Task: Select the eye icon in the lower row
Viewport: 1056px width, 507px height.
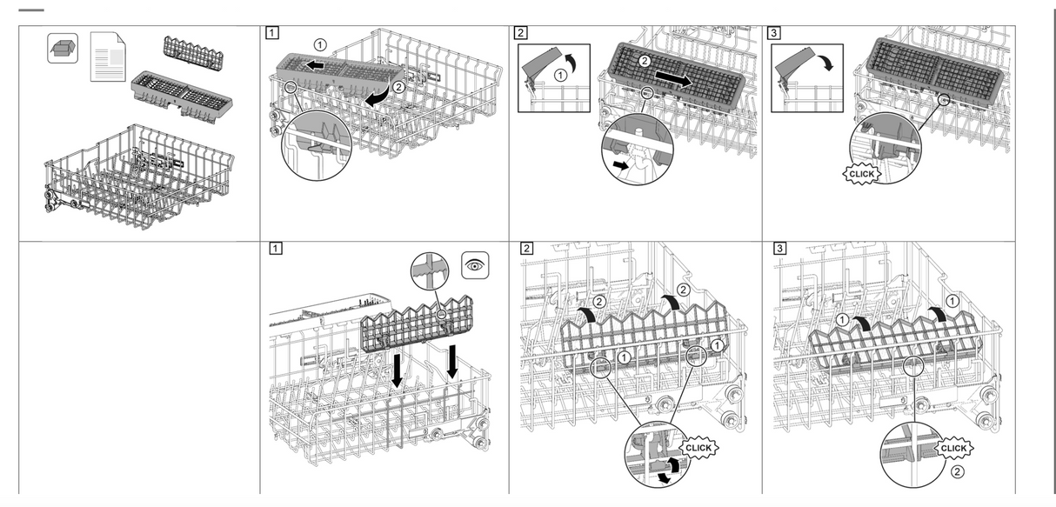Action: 475,264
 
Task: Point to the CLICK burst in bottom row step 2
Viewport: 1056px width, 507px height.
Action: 698,447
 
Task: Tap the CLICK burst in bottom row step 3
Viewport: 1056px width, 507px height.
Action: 952,448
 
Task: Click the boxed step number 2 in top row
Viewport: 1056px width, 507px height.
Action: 520,33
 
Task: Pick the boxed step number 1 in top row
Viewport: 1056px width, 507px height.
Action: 272,33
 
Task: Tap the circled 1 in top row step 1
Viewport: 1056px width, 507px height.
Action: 321,43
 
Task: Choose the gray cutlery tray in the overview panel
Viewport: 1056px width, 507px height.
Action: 178,91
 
